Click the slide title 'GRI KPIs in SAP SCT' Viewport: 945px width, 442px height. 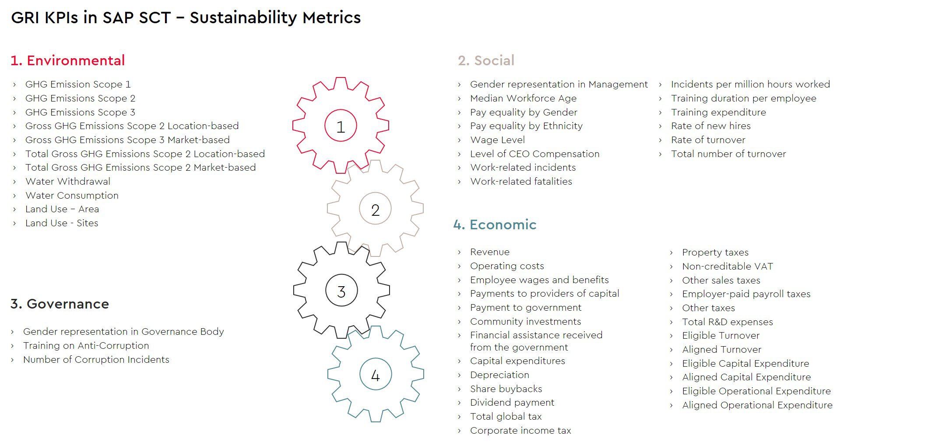point(91,18)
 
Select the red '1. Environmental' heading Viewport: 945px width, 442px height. point(67,60)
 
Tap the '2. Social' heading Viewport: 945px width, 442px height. point(486,60)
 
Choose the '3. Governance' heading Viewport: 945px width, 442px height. point(60,304)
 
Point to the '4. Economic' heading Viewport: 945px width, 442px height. point(495,225)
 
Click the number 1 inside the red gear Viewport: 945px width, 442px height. point(341,127)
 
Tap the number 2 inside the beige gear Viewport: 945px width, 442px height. point(375,210)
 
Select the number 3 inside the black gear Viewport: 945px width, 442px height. point(341,291)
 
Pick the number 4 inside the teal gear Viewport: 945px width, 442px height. point(375,375)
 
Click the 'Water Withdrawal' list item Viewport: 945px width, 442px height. point(68,181)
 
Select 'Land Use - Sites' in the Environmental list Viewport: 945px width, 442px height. point(62,223)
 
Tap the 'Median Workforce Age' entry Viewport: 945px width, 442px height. point(523,98)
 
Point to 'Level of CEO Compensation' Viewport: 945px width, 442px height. point(534,154)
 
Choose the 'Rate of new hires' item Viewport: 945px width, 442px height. point(711,126)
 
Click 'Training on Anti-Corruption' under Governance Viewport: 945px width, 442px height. point(86,345)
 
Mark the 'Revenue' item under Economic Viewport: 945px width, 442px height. point(490,252)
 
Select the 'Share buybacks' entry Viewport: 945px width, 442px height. point(506,389)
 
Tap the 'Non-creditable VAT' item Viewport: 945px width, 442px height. point(727,266)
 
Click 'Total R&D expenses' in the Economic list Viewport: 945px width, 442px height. point(727,322)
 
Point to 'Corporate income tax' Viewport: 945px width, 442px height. point(520,430)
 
